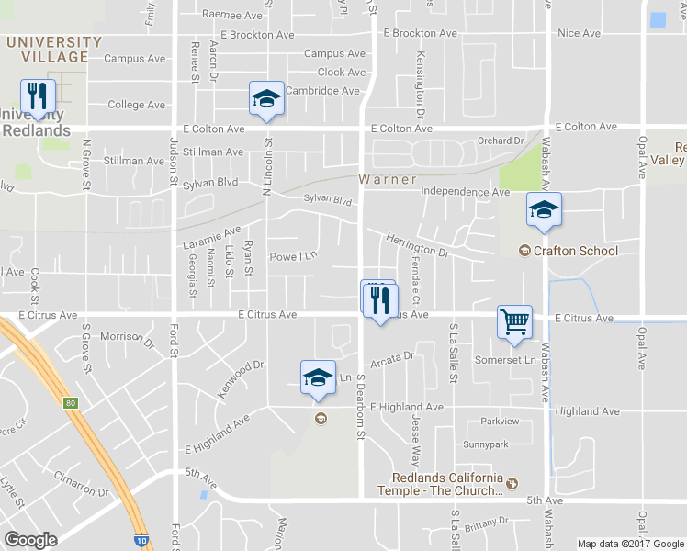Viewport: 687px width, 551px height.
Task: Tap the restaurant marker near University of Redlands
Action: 38,97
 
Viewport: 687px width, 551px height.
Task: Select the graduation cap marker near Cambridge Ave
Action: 266,99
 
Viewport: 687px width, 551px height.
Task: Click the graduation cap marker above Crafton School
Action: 544,211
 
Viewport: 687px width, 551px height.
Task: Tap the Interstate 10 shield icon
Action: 140,542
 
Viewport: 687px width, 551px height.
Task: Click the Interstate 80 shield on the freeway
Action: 72,403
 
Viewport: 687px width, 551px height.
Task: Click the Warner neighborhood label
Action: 388,179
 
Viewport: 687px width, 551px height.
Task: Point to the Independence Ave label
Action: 465,192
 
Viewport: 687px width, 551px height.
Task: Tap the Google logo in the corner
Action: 30,540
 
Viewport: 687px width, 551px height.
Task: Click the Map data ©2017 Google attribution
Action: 629,544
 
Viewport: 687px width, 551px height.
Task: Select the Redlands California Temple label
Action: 448,484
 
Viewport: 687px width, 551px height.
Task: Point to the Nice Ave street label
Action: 579,33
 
